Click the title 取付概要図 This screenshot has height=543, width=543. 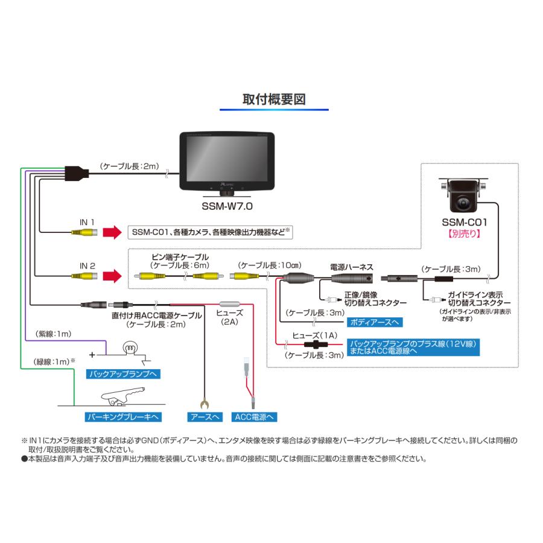click(273, 99)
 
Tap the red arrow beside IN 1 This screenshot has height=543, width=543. click(112, 233)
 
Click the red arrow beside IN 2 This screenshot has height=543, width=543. click(112, 276)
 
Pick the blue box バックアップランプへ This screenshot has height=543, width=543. click(123, 374)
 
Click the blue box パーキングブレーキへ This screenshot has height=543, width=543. click(123, 416)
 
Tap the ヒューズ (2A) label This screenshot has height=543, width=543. click(229, 317)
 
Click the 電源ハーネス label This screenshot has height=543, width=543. click(352, 265)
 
